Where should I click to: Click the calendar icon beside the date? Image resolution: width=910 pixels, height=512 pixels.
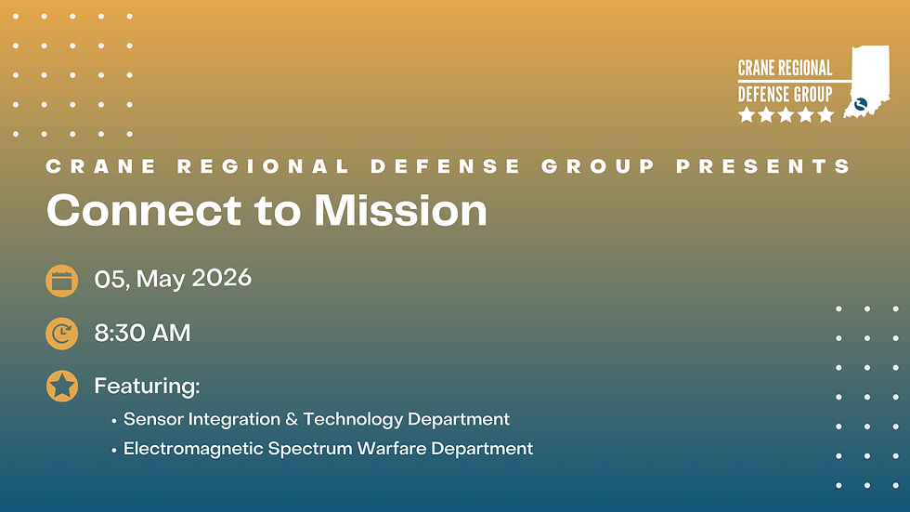(x=62, y=280)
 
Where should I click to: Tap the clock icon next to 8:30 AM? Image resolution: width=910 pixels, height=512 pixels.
(x=62, y=334)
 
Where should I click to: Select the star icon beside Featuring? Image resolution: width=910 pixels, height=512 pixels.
(x=62, y=386)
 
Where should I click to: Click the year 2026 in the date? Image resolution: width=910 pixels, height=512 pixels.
(x=222, y=278)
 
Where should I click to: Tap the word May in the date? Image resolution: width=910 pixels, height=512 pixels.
(x=162, y=279)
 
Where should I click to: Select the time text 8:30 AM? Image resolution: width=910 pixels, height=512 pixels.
(x=142, y=333)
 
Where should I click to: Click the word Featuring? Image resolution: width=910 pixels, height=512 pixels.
(x=147, y=386)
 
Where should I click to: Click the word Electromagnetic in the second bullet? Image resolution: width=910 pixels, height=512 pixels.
(x=192, y=449)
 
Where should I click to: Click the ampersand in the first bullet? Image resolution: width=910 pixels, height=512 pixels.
(x=291, y=419)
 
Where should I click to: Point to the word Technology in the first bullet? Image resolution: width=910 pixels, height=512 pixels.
(x=352, y=420)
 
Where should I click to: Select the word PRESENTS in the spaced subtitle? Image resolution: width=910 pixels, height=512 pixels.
(x=763, y=167)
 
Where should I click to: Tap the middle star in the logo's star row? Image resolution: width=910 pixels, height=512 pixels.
(x=785, y=115)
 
